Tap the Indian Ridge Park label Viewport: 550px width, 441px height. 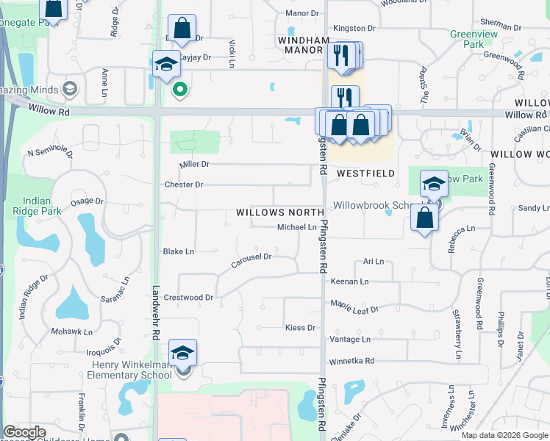pyautogui.click(x=37, y=207)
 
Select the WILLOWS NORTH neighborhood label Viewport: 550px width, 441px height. pyautogui.click(x=280, y=212)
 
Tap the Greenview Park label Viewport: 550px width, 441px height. pyautogui.click(x=468, y=39)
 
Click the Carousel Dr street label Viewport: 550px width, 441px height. pyautogui.click(x=252, y=257)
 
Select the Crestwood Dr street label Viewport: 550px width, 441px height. pyautogui.click(x=187, y=298)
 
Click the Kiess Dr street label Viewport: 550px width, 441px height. pyautogui.click(x=300, y=328)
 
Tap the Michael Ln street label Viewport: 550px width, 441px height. pyautogui.click(x=296, y=228)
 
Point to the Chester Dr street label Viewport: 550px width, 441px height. pyautogui.click(x=184, y=184)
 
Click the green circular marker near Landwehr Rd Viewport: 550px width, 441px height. pyautogui.click(x=179, y=90)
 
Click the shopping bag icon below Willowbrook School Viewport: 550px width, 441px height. pyautogui.click(x=424, y=218)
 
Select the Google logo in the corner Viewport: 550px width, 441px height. pyautogui.click(x=24, y=432)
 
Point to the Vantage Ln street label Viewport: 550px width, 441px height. pyautogui.click(x=351, y=340)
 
